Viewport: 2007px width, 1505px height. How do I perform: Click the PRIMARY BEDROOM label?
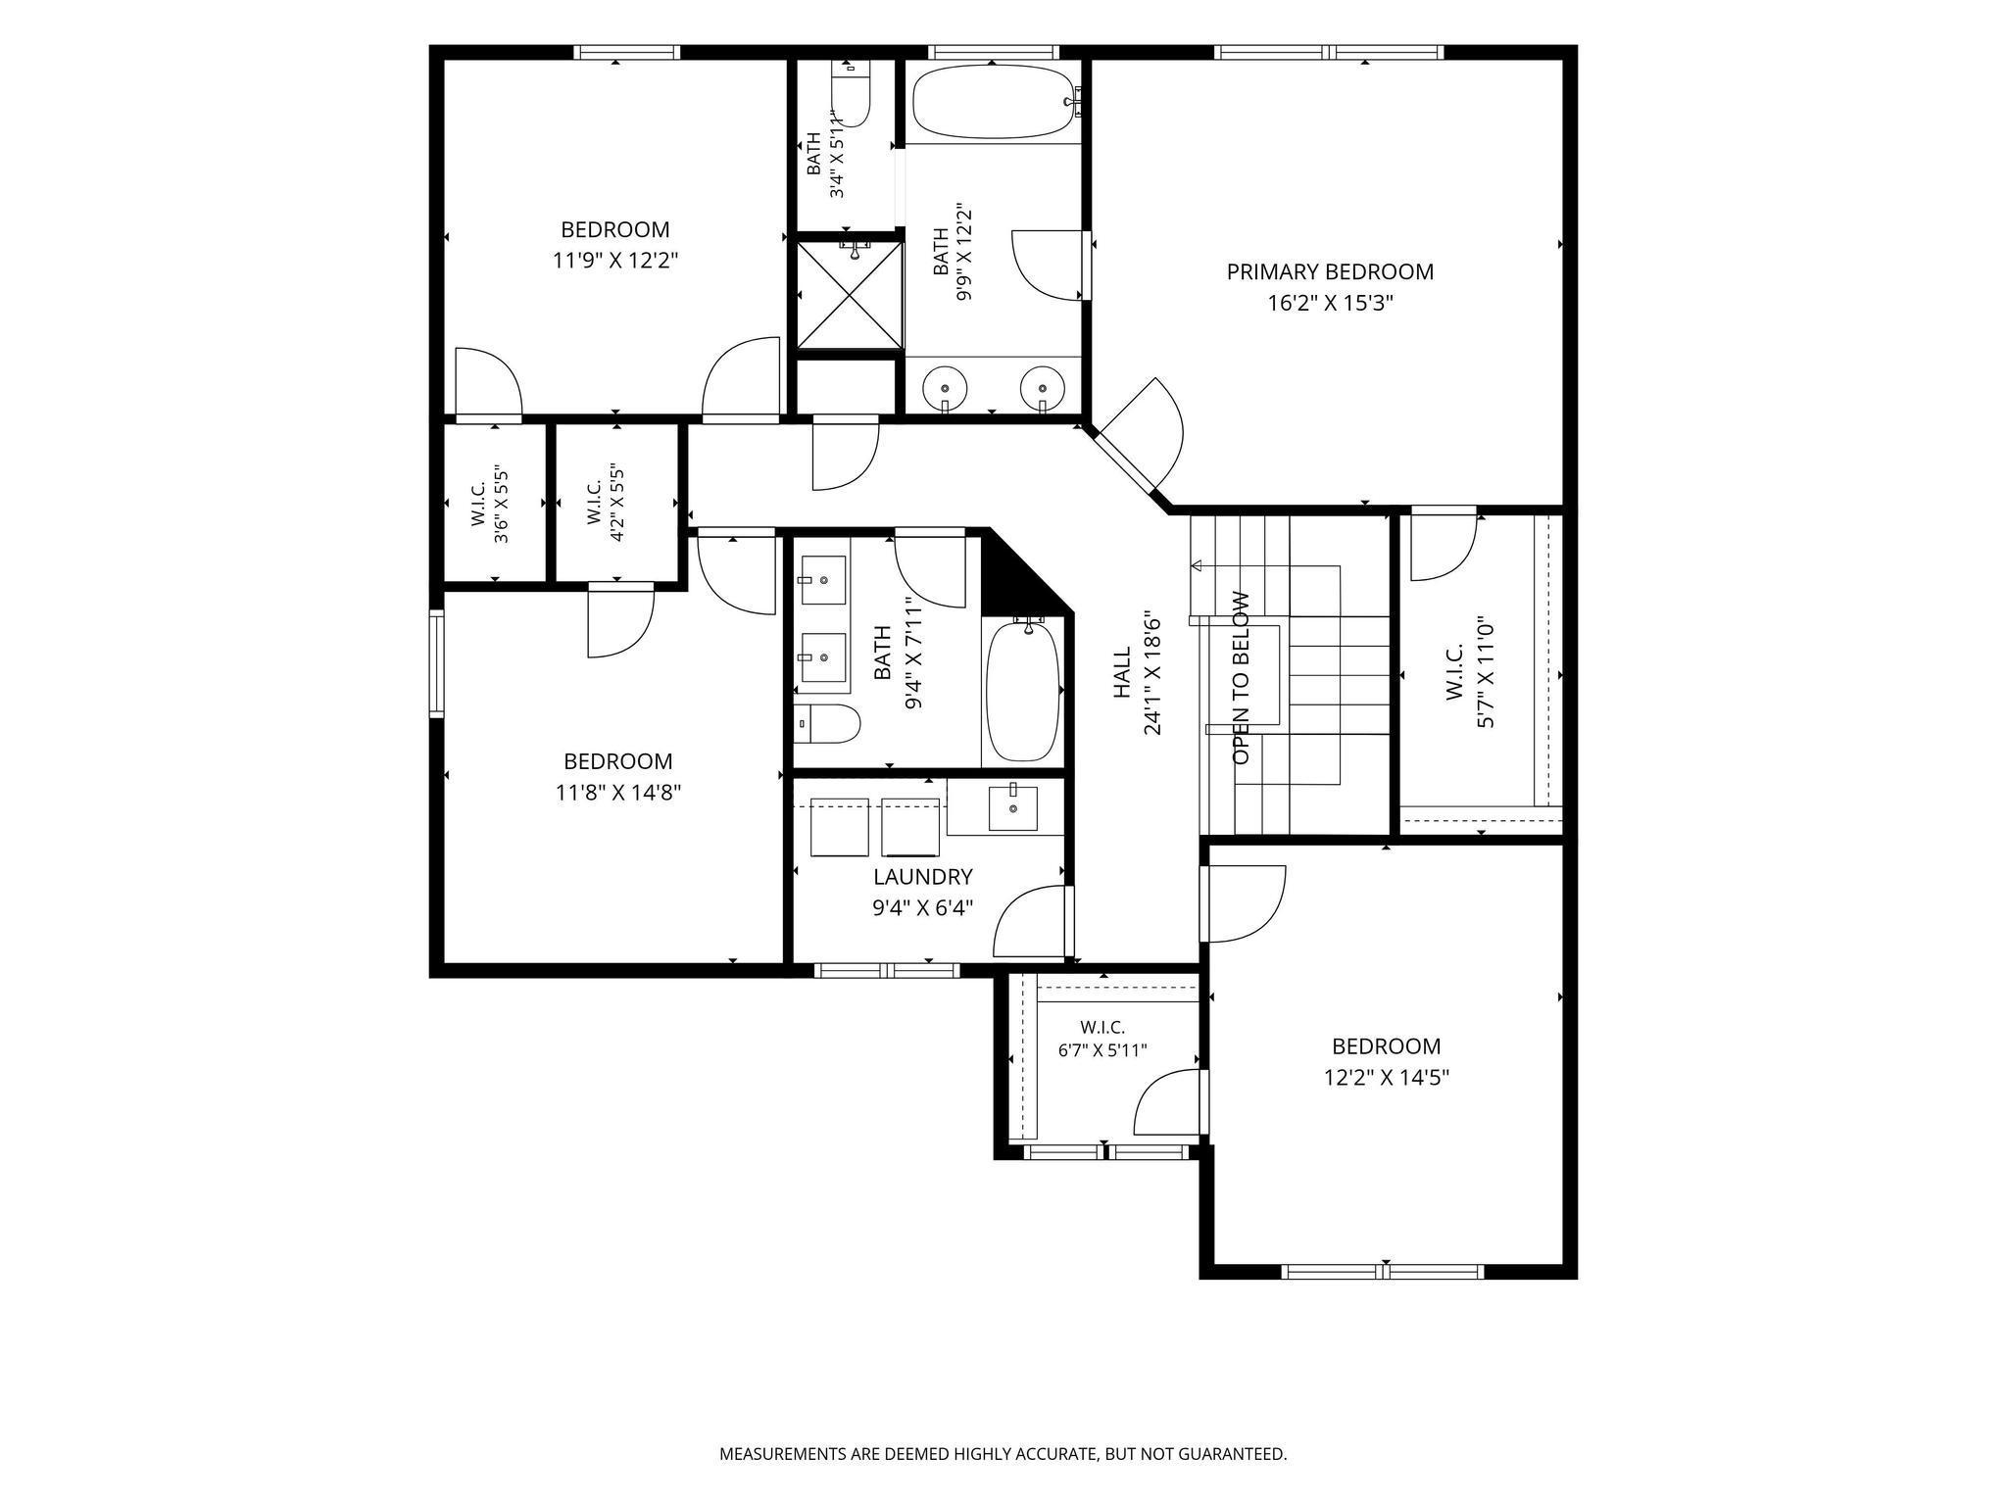(1330, 271)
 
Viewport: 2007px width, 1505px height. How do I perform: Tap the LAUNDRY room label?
(923, 877)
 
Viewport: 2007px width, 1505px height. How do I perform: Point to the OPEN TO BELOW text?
(1242, 678)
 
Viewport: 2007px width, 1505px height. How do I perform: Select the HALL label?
(1122, 672)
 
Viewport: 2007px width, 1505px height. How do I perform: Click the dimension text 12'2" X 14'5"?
(1387, 1078)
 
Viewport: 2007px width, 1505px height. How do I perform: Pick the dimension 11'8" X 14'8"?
(618, 792)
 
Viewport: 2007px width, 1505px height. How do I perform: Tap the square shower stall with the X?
(850, 294)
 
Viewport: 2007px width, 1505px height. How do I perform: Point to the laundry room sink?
(1012, 807)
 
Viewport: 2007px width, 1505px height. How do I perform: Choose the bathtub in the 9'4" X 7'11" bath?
(1023, 690)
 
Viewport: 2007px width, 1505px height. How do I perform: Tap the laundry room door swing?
(1032, 921)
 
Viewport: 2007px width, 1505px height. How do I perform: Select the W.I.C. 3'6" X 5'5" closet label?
(489, 504)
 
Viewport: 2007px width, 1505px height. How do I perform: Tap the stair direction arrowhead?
(1197, 565)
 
